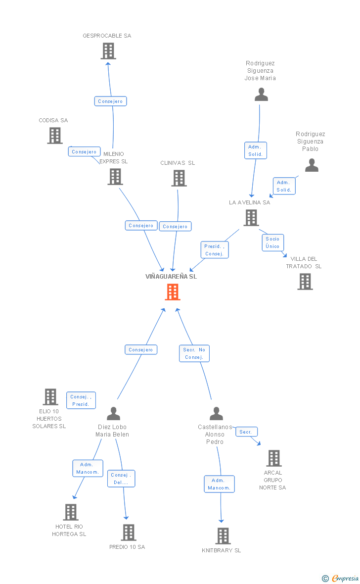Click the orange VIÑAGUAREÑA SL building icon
[172, 292]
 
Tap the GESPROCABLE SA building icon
[108, 51]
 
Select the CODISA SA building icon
[54, 136]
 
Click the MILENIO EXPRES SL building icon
[115, 177]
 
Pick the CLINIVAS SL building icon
[179, 178]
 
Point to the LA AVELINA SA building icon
[251, 217]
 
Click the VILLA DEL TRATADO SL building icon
[305, 282]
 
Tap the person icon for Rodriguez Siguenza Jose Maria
[261, 95]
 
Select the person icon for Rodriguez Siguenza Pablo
[312, 165]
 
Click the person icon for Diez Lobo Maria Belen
[113, 413]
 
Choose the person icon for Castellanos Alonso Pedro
[216, 413]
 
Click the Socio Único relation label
[272, 243]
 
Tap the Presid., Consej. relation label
[215, 250]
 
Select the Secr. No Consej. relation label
[194, 353]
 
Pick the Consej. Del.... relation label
[121, 479]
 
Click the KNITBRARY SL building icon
[223, 535]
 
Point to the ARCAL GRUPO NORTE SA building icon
[273, 458]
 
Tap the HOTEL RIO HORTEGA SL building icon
[71, 512]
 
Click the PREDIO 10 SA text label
[127, 547]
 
